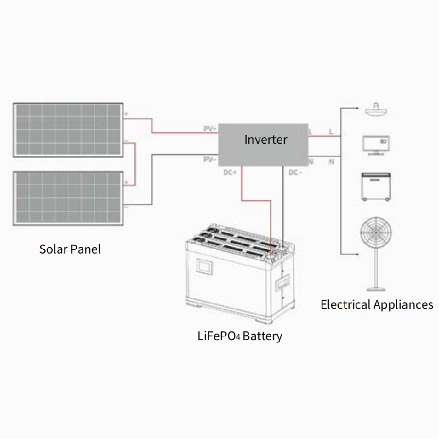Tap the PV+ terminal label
coord(210,128)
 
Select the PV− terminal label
coord(210,159)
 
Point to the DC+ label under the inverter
coord(230,172)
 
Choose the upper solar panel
coord(68,130)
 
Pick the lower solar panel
coord(68,198)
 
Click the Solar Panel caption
coord(70,249)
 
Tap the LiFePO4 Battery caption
coord(239,336)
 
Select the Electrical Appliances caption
coord(376,305)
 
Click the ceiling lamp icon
coord(376,109)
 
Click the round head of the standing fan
coord(376,234)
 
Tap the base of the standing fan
coord(376,288)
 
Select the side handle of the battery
coord(284,284)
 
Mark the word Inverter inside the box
coord(266,139)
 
